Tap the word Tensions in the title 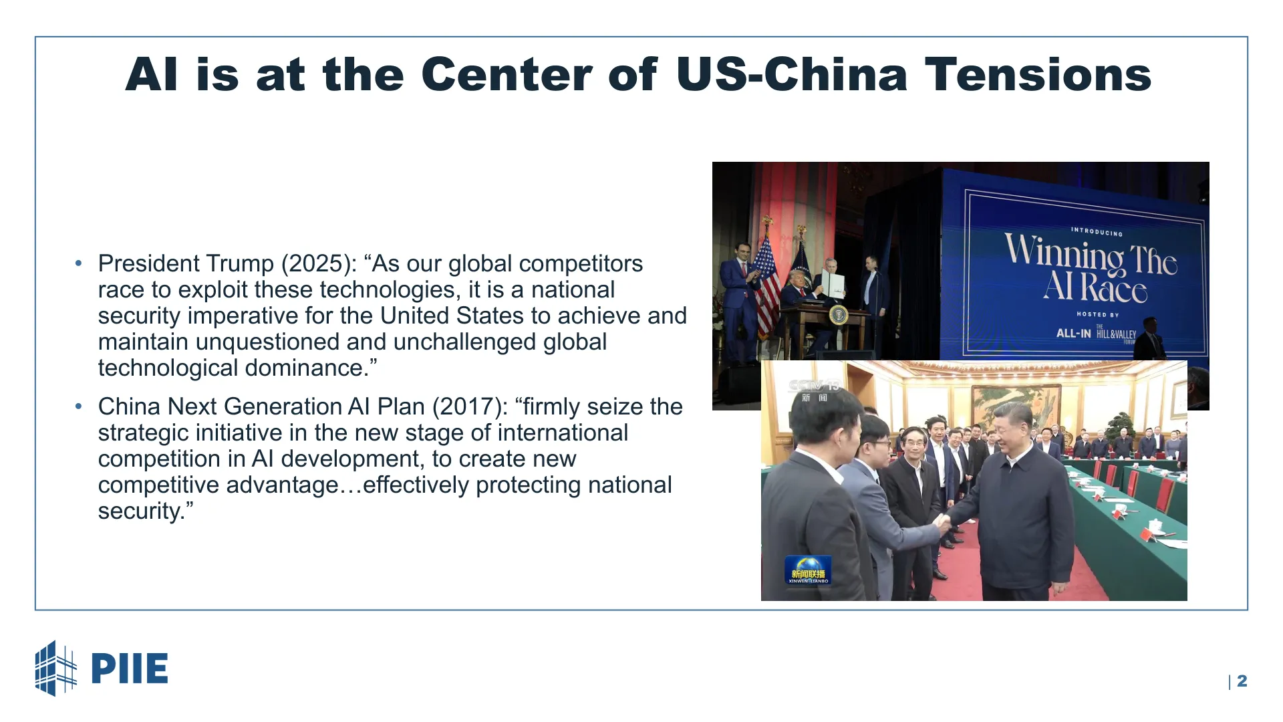click(x=1038, y=74)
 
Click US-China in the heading click(x=792, y=74)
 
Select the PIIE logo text click(x=129, y=669)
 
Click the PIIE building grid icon click(x=56, y=669)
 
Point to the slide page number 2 click(x=1242, y=681)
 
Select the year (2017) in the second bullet click(x=470, y=407)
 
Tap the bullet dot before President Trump click(x=79, y=263)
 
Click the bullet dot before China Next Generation click(x=79, y=406)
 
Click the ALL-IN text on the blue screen click(x=1073, y=333)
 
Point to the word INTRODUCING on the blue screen click(x=1097, y=232)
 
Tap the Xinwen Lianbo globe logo click(x=808, y=570)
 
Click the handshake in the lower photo click(x=943, y=522)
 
